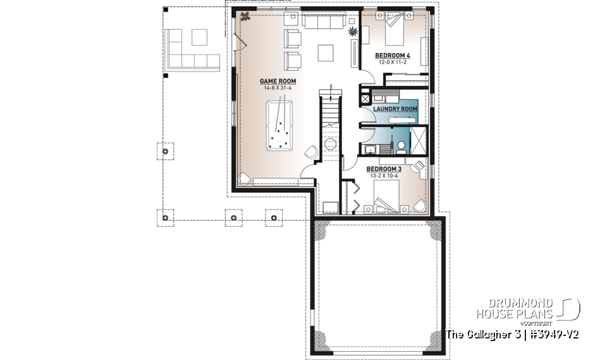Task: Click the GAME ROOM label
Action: click(278, 81)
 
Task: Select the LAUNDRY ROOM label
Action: click(395, 109)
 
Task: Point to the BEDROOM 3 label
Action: click(384, 169)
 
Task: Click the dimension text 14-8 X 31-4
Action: click(278, 88)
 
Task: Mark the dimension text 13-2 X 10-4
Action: click(384, 176)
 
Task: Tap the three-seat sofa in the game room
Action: click(322, 22)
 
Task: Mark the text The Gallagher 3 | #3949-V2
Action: click(512, 333)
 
